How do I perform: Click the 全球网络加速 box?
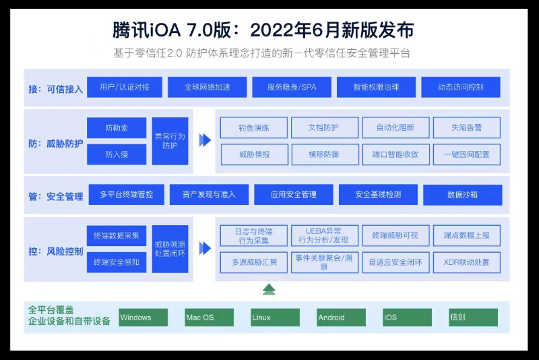[208, 88]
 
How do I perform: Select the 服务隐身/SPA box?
[292, 88]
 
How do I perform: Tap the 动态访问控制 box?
[461, 88]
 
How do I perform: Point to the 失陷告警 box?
[467, 127]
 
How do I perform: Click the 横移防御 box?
[325, 154]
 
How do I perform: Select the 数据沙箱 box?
[462, 195]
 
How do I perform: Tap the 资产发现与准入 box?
[209, 195]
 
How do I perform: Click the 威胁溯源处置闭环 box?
[170, 249]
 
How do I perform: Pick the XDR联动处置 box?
[467, 262]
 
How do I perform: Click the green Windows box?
[143, 318]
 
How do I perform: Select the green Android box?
[341, 318]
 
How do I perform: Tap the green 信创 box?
[473, 318]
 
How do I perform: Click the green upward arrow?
[269, 289]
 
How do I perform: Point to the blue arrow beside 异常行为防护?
[205, 140]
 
